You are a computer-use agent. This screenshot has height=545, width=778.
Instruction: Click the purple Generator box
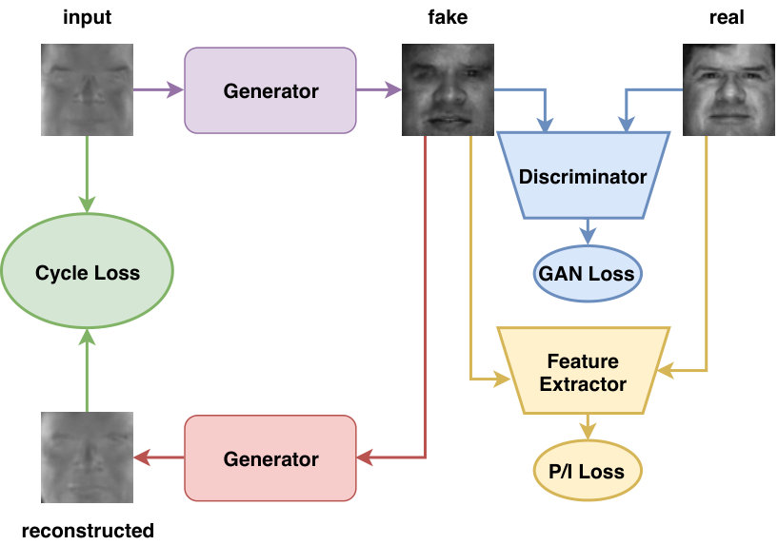(x=270, y=90)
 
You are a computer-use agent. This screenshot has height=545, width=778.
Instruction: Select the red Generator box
(x=270, y=458)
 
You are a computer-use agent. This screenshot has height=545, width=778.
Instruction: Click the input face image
(x=87, y=89)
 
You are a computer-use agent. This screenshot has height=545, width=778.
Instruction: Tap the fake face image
(x=448, y=89)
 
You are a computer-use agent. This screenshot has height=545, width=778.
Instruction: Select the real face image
(x=728, y=89)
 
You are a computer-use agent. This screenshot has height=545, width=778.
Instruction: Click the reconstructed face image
(x=87, y=457)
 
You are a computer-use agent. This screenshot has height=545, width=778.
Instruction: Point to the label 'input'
(x=87, y=17)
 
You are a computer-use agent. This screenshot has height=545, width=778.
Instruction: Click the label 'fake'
(x=448, y=17)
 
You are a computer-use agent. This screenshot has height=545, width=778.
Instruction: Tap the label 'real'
(x=727, y=17)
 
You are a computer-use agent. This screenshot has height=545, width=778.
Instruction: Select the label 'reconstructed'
(x=88, y=531)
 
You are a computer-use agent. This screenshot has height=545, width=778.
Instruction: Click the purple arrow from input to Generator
(x=159, y=90)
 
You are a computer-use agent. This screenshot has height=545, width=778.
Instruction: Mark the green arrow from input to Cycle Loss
(x=88, y=174)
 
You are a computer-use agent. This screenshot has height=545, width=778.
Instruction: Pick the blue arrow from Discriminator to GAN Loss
(x=588, y=232)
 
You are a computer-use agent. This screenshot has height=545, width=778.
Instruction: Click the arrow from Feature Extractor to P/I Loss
(x=588, y=427)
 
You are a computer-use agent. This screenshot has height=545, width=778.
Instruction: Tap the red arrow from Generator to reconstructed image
(x=159, y=457)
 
